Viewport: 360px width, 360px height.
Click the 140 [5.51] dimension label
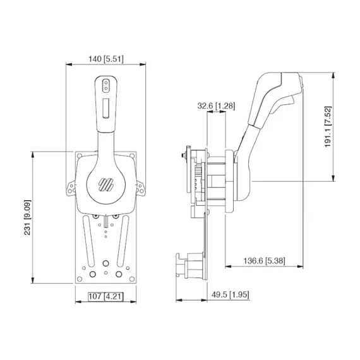(x=106, y=59)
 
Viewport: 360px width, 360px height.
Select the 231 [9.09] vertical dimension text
(x=27, y=217)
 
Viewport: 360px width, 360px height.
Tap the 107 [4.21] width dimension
(x=106, y=296)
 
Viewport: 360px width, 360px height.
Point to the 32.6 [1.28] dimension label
(x=216, y=106)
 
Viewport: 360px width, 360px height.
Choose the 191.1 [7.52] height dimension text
(x=328, y=127)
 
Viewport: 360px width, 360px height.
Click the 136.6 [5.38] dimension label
(x=264, y=261)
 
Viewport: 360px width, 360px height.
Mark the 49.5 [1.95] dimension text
(x=231, y=294)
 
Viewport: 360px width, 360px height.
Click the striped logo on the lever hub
(x=106, y=184)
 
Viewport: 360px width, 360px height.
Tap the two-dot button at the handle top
(x=106, y=86)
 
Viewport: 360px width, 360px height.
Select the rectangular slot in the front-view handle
(x=106, y=109)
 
